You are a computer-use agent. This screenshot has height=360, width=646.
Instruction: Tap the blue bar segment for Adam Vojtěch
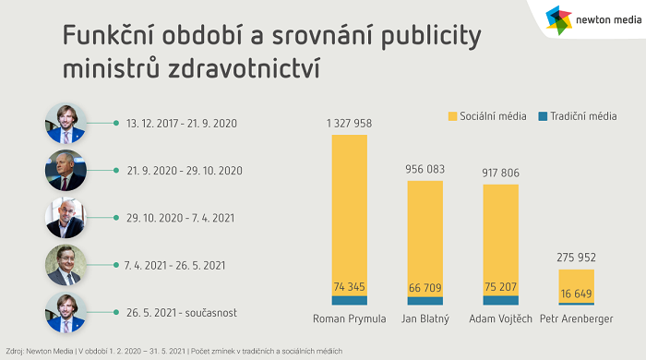pos(500,300)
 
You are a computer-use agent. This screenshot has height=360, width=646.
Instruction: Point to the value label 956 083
pos(425,169)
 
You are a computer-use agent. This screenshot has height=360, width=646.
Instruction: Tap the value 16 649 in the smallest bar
pos(577,294)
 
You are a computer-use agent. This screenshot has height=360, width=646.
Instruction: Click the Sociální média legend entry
pos(487,116)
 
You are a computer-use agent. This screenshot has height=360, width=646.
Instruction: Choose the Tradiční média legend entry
pos(578,116)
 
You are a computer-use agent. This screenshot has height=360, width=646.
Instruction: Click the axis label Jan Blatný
pos(425,319)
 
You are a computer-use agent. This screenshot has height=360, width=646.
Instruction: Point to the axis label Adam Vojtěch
pos(500,319)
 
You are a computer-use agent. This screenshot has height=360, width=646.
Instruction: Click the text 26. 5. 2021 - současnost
pos(181,313)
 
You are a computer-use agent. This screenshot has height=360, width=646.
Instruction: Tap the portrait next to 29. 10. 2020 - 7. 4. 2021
pos(66,218)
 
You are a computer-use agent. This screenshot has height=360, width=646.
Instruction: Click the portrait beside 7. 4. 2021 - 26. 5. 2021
pos(66,265)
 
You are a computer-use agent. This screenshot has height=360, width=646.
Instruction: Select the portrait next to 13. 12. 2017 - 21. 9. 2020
pos(66,123)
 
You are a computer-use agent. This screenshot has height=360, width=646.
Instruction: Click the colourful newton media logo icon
pos(559,18)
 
